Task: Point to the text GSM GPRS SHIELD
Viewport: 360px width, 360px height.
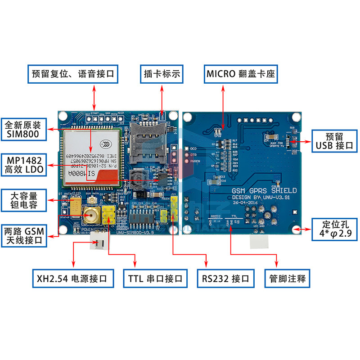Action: pos(264,191)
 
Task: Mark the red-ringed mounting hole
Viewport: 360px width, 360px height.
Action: pos(296,230)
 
